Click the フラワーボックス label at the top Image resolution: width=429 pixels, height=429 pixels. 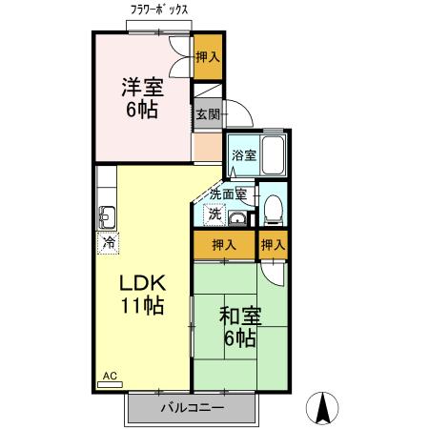point(159,10)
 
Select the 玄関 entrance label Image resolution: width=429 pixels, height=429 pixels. point(207,114)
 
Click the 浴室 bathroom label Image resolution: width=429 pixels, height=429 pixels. point(243,154)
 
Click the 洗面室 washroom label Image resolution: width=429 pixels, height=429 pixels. point(228,194)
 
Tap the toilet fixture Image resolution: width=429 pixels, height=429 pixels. point(273,209)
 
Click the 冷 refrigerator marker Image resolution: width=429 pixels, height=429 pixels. point(110,243)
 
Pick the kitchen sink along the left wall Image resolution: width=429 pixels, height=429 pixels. point(107,214)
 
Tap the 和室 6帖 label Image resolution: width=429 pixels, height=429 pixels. point(238,325)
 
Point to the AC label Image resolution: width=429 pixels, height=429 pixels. point(109,377)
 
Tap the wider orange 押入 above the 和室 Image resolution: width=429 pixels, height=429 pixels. point(224,245)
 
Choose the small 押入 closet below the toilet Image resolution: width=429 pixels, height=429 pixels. point(274,245)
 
